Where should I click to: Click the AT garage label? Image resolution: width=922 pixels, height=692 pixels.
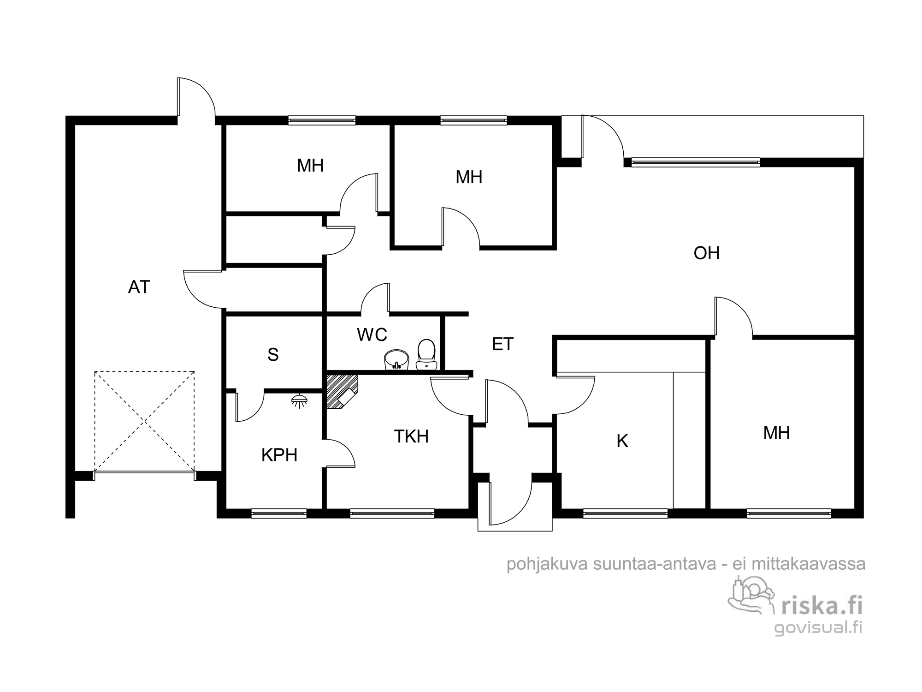click(x=139, y=287)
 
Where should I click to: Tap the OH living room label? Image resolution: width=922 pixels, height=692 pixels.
click(x=707, y=253)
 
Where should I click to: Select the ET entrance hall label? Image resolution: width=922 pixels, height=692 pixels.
click(x=502, y=344)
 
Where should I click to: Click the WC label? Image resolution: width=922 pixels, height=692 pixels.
click(x=372, y=335)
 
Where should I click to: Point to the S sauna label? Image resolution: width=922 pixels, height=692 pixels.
click(x=273, y=355)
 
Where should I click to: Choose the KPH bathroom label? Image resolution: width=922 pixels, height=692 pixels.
click(x=279, y=455)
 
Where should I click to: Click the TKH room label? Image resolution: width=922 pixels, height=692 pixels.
click(x=411, y=436)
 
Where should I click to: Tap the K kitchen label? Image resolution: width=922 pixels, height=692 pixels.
click(x=622, y=441)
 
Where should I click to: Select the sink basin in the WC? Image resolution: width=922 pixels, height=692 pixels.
click(x=396, y=359)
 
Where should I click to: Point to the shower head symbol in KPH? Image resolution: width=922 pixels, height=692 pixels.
click(x=300, y=400)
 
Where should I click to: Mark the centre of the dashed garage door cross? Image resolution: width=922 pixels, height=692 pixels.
click(x=145, y=421)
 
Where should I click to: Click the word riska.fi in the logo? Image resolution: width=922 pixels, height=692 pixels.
click(x=822, y=606)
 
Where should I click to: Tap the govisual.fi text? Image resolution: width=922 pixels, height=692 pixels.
click(x=818, y=628)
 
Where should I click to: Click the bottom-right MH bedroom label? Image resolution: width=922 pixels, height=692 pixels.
click(x=777, y=433)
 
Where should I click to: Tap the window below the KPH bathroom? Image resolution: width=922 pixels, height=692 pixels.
click(x=279, y=513)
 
